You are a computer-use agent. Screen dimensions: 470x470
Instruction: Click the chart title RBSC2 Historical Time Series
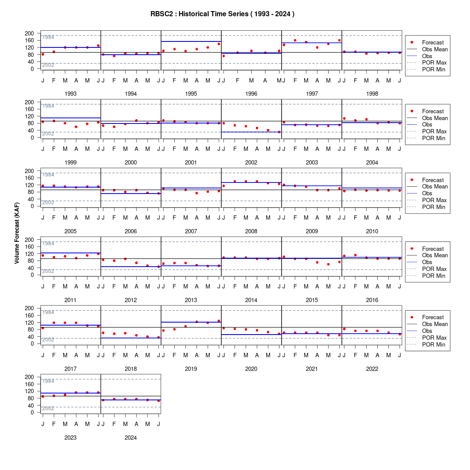(x=222, y=14)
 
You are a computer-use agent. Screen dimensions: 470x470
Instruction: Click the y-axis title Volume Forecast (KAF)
(x=17, y=233)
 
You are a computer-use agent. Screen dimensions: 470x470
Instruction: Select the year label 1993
(x=70, y=94)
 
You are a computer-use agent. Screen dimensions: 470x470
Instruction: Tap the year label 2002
(x=251, y=162)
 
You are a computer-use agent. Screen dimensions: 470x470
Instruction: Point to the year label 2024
(x=131, y=438)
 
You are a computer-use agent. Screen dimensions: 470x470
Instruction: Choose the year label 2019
(x=191, y=369)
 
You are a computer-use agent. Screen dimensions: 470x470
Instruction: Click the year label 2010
(x=372, y=231)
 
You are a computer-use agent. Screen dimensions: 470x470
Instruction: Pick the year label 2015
(x=312, y=300)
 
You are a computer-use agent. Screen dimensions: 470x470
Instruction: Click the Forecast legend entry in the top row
(x=433, y=42)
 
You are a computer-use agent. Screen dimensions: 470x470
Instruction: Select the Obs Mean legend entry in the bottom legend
(x=435, y=324)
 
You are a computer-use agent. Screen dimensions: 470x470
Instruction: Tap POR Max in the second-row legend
(x=435, y=131)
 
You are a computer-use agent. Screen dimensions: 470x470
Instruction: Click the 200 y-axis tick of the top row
(x=29, y=33)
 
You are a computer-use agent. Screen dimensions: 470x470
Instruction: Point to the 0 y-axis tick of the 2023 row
(x=32, y=412)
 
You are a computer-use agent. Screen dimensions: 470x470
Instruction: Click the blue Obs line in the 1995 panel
(x=191, y=41)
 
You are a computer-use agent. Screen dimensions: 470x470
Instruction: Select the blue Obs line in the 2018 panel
(x=131, y=338)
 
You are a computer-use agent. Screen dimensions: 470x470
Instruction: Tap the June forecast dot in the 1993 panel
(x=98, y=46)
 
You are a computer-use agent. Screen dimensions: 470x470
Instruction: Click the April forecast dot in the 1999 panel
(x=76, y=127)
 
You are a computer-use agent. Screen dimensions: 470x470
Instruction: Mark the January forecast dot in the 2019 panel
(x=163, y=331)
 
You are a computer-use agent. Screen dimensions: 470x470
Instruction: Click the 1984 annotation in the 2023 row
(x=48, y=381)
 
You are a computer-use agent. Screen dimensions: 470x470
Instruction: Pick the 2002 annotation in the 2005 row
(x=48, y=203)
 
